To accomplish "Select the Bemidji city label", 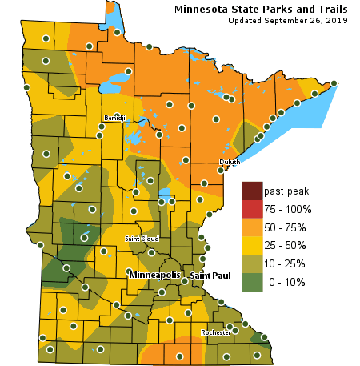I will (x=114, y=119).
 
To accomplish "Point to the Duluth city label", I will (x=230, y=162).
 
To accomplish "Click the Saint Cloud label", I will (x=142, y=239).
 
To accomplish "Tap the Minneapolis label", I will (x=154, y=275).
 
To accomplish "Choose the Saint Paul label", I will (x=210, y=276).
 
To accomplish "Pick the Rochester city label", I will (x=215, y=332).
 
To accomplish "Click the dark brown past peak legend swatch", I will (x=252, y=191).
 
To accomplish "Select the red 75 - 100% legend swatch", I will (x=252, y=209).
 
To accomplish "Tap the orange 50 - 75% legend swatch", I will (x=252, y=227).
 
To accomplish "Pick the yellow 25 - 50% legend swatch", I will (x=252, y=245).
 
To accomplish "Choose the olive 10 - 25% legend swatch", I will (x=252, y=263).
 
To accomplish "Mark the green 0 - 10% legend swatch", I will (x=252, y=282).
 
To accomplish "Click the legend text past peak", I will (x=286, y=191).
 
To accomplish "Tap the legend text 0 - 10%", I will (x=286, y=282).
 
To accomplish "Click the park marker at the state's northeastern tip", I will (x=334, y=82).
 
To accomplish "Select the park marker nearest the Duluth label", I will (x=221, y=170).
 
